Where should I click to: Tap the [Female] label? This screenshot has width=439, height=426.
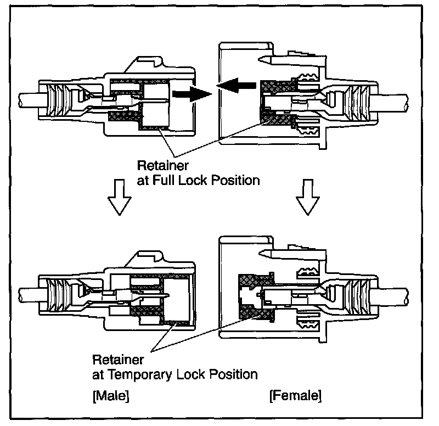(295, 395)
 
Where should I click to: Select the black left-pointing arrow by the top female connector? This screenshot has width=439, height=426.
(237, 86)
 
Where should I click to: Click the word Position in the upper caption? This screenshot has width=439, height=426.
(239, 180)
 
